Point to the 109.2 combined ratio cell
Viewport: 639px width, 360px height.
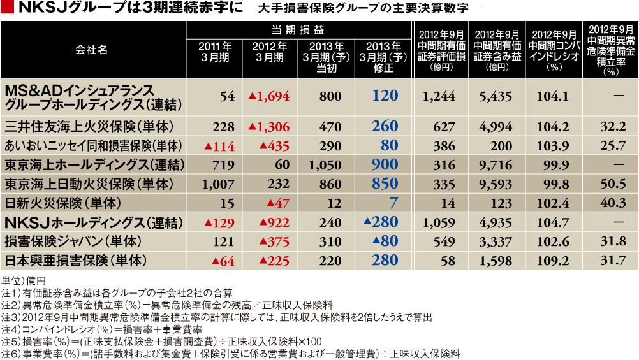click(552, 261)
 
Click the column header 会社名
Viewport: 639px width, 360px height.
click(91, 50)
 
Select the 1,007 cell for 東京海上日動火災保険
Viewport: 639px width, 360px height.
click(218, 185)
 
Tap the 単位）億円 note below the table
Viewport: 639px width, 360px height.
click(23, 280)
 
